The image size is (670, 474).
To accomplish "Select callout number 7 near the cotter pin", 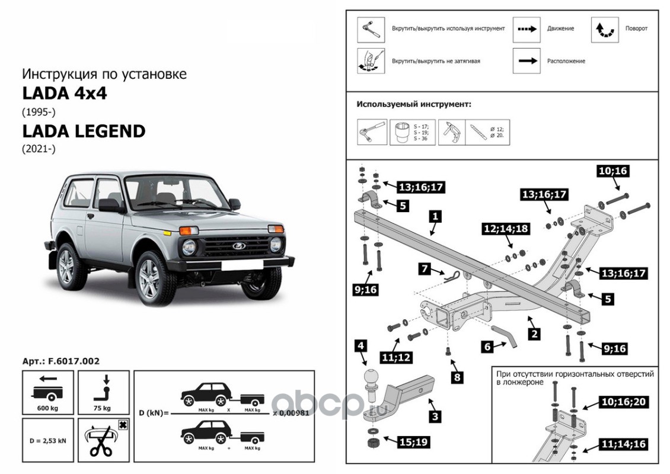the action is (x=425, y=269).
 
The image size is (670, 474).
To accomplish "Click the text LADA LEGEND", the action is (x=84, y=131).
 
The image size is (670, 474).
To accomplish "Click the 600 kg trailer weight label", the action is (x=47, y=408).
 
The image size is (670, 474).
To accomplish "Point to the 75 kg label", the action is (x=103, y=408).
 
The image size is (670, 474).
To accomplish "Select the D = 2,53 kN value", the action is (x=47, y=441).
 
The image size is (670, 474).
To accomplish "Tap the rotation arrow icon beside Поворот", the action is (x=604, y=29).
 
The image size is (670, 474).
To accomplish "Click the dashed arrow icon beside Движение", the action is (x=526, y=28).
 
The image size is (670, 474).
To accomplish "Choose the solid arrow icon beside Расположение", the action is (x=526, y=60).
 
